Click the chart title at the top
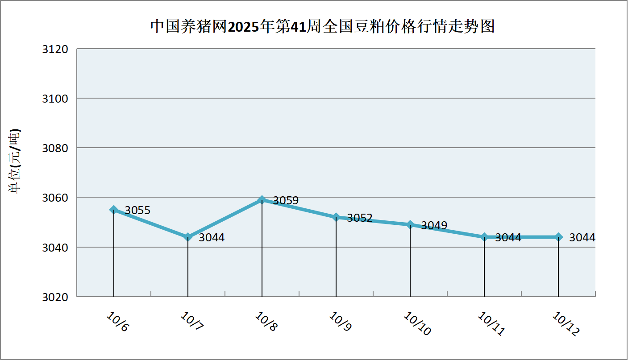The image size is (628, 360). point(322,27)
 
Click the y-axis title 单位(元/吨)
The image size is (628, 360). point(16,161)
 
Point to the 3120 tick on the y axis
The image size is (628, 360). point(55,49)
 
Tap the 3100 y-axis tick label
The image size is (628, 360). point(55,99)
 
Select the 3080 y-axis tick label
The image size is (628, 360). point(55,148)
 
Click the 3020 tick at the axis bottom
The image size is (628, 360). point(55,297)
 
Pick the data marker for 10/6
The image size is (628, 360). point(114,210)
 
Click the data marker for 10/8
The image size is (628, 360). point(262,200)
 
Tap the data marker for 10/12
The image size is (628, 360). point(558,237)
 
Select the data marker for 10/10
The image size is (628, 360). point(410,224)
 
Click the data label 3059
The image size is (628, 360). point(286,201)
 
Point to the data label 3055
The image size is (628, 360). point(137,211)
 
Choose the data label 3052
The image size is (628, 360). point(360,218)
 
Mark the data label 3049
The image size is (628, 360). point(434,226)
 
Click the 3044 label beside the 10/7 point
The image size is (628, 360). point(212,238)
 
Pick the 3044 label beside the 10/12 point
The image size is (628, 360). point(582,238)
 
